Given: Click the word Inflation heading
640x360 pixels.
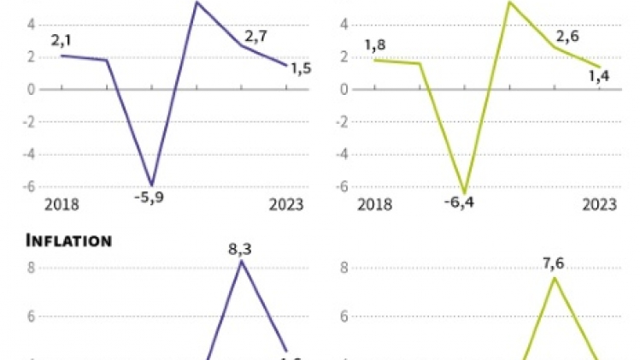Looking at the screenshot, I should (69, 240).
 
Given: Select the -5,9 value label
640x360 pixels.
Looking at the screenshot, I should (150, 200).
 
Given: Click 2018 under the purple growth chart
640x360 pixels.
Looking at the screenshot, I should (61, 204).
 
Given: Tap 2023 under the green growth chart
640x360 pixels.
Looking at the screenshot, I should (599, 204).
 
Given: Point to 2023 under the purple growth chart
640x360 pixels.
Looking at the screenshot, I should (287, 204).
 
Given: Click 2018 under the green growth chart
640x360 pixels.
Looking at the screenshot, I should (373, 204).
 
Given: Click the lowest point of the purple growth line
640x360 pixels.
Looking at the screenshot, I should (152, 185).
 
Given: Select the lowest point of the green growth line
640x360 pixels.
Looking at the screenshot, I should (466, 193).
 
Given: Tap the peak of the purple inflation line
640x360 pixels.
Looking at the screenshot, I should (242, 261).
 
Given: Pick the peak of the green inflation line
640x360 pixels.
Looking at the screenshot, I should (555, 277).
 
